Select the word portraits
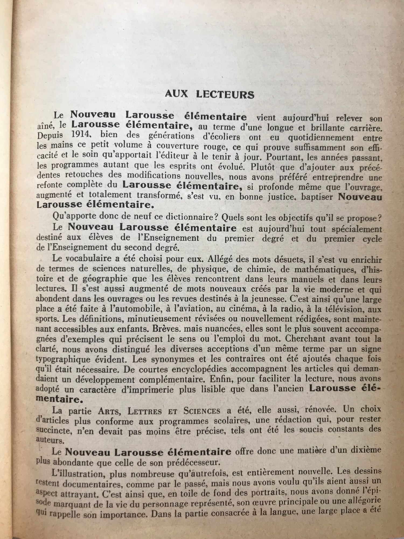[x=266, y=492]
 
